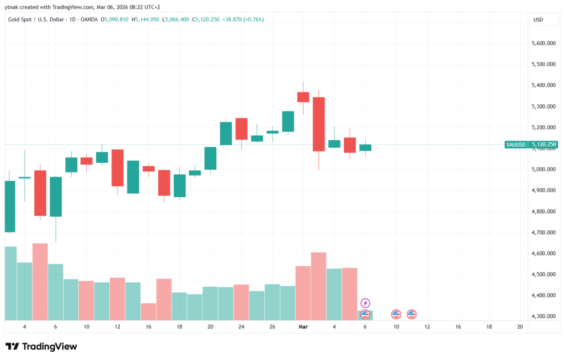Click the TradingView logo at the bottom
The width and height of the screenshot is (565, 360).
tap(41, 346)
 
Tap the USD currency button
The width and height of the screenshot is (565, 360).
tap(538, 20)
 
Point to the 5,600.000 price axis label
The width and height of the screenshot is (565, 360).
tap(543, 43)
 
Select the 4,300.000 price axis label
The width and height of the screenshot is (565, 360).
tap(543, 316)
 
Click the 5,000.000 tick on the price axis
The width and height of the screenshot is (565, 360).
tap(543, 169)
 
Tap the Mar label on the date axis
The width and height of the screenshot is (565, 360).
tap(302, 327)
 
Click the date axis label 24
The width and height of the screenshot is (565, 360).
tap(241, 327)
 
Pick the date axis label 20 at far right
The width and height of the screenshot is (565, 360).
tap(520, 327)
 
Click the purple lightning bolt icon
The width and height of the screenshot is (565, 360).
tap(365, 303)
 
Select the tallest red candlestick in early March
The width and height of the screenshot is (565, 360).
tap(318, 124)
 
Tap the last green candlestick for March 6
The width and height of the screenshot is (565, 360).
tap(365, 147)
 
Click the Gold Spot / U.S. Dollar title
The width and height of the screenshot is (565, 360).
tap(34, 19)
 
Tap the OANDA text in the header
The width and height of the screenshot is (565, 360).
tap(88, 19)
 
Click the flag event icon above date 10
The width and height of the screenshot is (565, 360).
tap(396, 314)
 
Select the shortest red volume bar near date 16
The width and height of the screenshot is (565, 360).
tap(148, 311)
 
